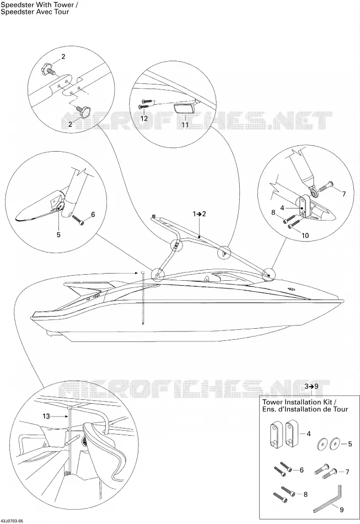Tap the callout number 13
pyautogui.click(x=46, y=416)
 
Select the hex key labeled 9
pyautogui.click(x=328, y=499)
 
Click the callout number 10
pyautogui.click(x=305, y=236)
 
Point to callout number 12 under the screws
pyautogui.click(x=143, y=118)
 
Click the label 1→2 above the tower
pyautogui.click(x=200, y=213)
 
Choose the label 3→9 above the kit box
pyautogui.click(x=311, y=386)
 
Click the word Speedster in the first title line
pyautogui.click(x=13, y=4)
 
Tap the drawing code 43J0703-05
pyautogui.click(x=12, y=521)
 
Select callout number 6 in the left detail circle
pyautogui.click(x=93, y=214)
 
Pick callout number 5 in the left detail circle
pyautogui.click(x=58, y=234)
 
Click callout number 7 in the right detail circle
pyautogui.click(x=343, y=194)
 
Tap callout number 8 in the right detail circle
pyautogui.click(x=273, y=212)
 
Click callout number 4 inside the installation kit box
pyautogui.click(x=309, y=434)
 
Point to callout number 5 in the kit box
pyautogui.click(x=350, y=444)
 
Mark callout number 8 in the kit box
pyautogui.click(x=305, y=494)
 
